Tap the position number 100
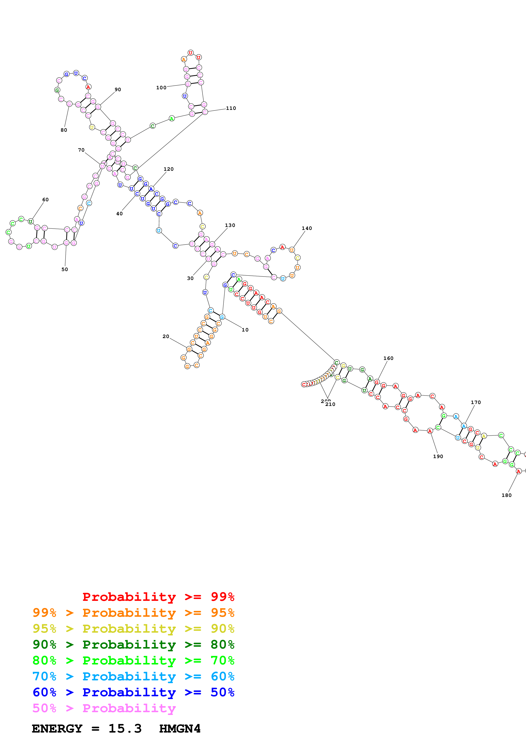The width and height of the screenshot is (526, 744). point(161,88)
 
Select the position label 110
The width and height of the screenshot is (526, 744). point(231,108)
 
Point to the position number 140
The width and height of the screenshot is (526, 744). point(307,228)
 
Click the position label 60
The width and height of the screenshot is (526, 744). point(45,200)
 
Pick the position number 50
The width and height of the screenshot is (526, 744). point(65,269)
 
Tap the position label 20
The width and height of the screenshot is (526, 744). point(166,336)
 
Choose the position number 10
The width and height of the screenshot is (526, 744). point(245,330)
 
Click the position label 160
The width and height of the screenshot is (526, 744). point(388,358)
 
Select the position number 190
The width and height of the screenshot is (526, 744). point(438,456)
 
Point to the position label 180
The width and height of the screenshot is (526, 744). point(506,495)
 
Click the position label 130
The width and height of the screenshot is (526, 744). point(230,225)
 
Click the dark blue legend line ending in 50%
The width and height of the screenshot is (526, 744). point(133,692)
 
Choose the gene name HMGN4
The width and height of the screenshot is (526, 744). point(180,729)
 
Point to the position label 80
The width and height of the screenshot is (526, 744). point(64,130)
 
